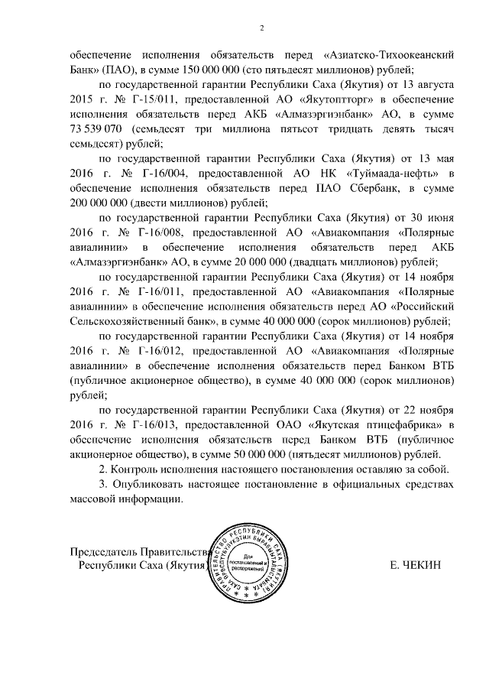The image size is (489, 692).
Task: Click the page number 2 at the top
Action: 261,29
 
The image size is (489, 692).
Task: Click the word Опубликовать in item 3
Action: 151,485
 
